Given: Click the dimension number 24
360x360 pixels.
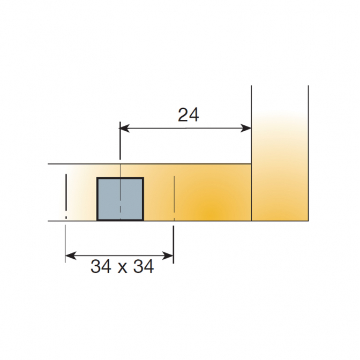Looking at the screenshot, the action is pos(189,115).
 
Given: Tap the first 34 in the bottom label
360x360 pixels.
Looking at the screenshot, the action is pos(101,267).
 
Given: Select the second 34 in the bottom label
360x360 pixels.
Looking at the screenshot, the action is pos(143,267).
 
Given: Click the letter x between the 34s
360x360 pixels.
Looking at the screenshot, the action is pos(122,268).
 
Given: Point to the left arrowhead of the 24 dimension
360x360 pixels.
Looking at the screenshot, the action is pos(125,128).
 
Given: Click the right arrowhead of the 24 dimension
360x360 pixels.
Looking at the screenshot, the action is pos(246,128).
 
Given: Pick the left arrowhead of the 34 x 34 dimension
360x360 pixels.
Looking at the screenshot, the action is pos(71,256).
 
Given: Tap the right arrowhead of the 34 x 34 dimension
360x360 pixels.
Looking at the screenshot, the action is pos(168,256).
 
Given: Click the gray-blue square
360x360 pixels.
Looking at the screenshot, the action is pos(121,199).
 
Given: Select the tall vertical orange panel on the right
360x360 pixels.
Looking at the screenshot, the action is pos(280,153).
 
